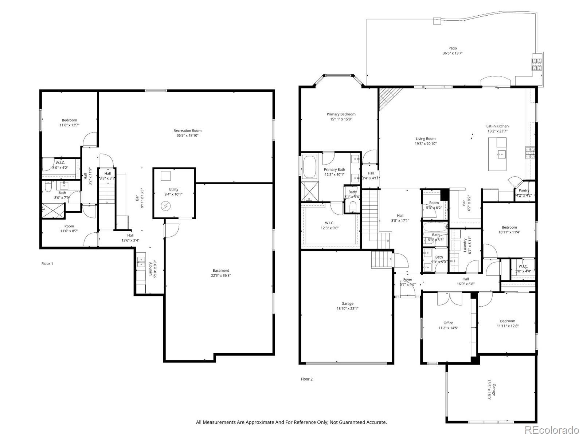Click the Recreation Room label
187,131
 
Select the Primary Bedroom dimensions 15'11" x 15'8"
341,119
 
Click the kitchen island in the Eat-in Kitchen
497,154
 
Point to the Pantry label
524,190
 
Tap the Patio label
452,48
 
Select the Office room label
448,323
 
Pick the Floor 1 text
47,264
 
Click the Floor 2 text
306,379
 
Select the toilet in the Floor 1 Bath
47,187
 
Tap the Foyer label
407,280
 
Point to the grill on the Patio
537,64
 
